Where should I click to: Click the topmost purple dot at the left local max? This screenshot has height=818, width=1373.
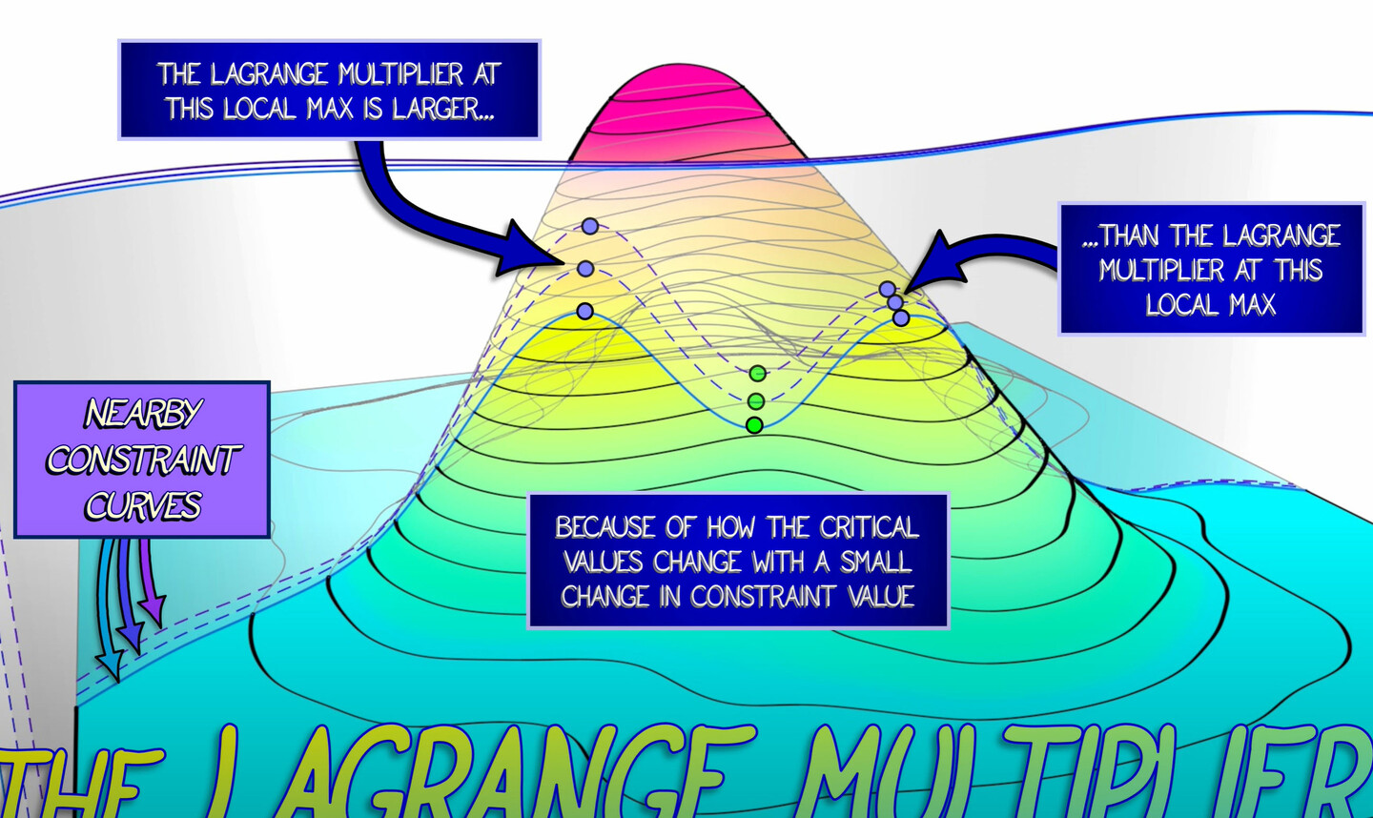(590, 226)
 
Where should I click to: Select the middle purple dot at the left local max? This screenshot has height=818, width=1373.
(585, 269)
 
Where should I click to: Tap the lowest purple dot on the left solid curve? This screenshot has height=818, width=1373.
(585, 311)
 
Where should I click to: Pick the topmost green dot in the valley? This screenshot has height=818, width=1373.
(757, 373)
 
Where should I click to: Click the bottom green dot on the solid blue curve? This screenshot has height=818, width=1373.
(754, 425)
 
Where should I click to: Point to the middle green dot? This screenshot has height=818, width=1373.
(756, 400)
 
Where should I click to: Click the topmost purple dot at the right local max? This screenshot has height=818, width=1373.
(888, 289)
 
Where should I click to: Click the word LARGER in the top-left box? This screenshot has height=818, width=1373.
(443, 109)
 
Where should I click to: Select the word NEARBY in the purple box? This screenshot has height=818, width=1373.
(143, 414)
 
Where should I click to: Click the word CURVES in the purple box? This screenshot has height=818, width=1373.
(143, 505)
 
